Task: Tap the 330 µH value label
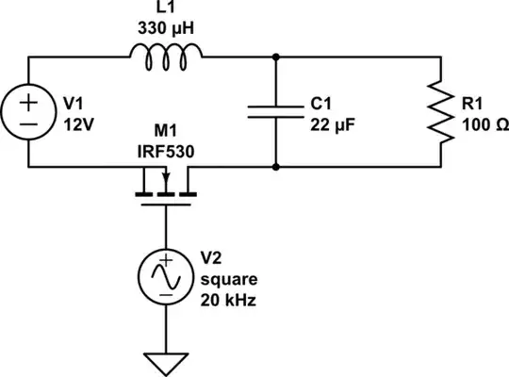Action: (x=166, y=28)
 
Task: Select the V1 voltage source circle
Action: (x=28, y=84)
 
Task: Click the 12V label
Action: (x=79, y=124)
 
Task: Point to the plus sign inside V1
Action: (x=28, y=103)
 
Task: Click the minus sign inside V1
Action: (x=28, y=124)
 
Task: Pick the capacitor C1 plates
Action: (x=276, y=112)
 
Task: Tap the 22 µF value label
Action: (x=333, y=124)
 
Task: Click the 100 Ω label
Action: (x=485, y=124)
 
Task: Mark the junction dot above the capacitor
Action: (x=276, y=57)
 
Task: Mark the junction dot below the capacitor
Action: (x=276, y=167)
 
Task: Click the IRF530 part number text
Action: (x=166, y=152)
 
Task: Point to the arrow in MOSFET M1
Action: (x=166, y=177)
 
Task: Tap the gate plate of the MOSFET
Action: (x=166, y=205)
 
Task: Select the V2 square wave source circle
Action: (x=166, y=249)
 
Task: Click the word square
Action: (x=229, y=280)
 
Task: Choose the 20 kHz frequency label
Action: (x=228, y=301)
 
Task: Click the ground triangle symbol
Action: (x=166, y=353)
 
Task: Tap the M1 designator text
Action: (x=166, y=131)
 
